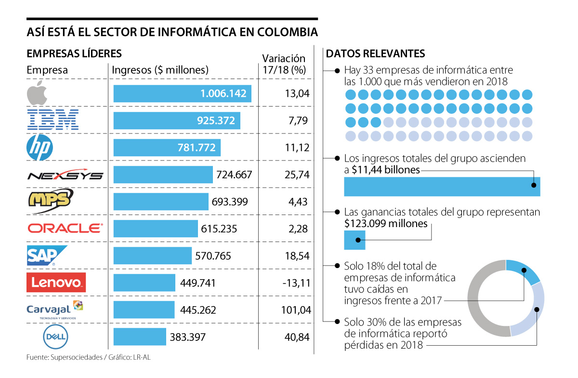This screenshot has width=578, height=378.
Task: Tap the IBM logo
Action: click(x=53, y=120)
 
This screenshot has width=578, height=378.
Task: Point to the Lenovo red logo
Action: click(x=56, y=283)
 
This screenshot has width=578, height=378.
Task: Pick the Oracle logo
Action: click(x=65, y=228)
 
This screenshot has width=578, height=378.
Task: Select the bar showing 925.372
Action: click(x=177, y=121)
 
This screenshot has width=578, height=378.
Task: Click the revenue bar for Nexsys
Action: click(x=163, y=175)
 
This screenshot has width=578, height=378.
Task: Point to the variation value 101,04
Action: click(x=295, y=310)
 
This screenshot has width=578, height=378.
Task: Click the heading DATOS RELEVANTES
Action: click(x=375, y=53)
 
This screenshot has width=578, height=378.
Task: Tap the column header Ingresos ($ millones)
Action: click(x=160, y=70)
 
